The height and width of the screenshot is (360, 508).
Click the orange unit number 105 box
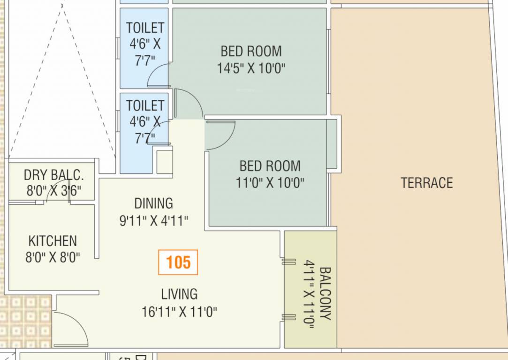tap(178, 262)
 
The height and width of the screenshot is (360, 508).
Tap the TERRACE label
tap(426, 183)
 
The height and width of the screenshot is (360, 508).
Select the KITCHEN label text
tap(53, 241)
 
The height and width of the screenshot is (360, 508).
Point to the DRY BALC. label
tap(53, 175)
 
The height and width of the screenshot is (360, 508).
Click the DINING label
tap(153, 203)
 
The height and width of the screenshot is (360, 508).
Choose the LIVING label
tap(179, 294)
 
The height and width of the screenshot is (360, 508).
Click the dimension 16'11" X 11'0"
tap(179, 312)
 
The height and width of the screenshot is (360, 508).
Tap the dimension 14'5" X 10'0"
tap(251, 68)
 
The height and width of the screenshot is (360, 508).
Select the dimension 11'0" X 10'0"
tap(270, 183)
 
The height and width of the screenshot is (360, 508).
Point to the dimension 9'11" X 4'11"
tap(154, 221)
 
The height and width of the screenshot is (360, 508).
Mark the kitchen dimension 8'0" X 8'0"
tap(53, 258)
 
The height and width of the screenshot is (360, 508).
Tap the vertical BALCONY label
tap(325, 293)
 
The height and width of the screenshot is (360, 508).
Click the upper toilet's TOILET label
tap(145, 28)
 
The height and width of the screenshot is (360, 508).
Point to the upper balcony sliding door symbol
tap(288, 262)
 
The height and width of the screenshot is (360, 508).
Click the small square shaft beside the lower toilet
tap(164, 162)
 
